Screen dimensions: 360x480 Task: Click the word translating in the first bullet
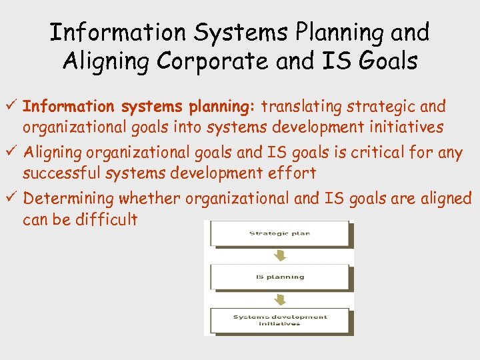point(300,106)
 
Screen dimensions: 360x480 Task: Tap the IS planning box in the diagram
point(279,277)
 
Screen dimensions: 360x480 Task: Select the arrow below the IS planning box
point(280,298)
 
